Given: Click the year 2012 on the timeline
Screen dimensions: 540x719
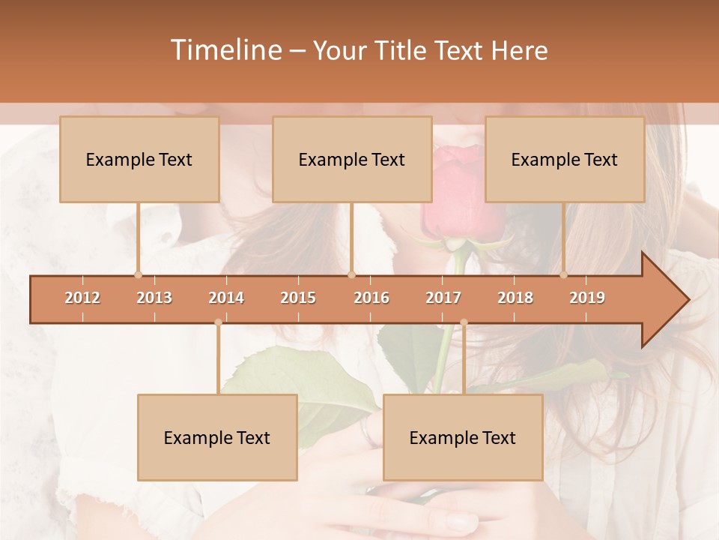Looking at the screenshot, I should click(x=82, y=298).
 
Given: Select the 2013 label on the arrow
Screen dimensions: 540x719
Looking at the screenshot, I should click(x=154, y=298).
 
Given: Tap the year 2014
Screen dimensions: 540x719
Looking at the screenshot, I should click(x=226, y=298).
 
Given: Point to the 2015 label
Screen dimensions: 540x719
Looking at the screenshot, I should click(x=298, y=298).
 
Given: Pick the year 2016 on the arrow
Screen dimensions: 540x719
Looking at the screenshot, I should click(x=371, y=298).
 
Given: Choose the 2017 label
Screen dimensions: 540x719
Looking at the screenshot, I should click(x=443, y=298).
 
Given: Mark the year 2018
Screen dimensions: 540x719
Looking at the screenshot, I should click(x=515, y=298).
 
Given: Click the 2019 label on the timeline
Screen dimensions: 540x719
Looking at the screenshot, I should click(x=587, y=298).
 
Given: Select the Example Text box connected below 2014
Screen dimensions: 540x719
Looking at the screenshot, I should click(x=217, y=437).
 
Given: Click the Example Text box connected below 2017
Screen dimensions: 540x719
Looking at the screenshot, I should click(x=463, y=437).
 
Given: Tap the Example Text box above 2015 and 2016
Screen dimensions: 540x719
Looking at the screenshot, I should click(x=352, y=159).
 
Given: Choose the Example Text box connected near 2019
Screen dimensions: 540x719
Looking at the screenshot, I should click(x=565, y=159).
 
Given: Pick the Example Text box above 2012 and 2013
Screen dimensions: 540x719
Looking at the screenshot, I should click(x=139, y=159).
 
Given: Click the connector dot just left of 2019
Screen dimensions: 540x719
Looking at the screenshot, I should click(x=564, y=274).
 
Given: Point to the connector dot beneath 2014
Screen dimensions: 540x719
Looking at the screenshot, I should click(x=218, y=322).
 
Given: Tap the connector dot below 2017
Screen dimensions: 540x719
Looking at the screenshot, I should click(x=464, y=322).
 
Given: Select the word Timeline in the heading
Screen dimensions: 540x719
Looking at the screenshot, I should click(x=225, y=50).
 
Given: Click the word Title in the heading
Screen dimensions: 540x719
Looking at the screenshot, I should click(x=403, y=50).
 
